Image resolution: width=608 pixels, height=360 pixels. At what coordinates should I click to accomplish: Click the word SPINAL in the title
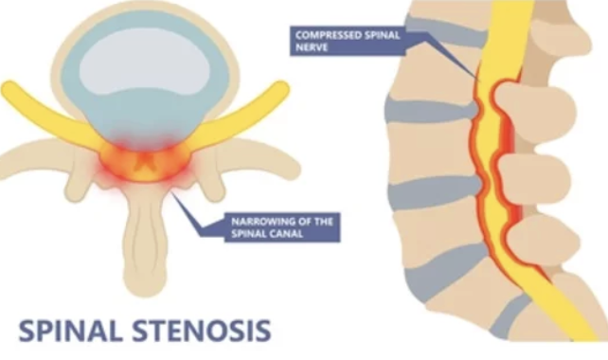68,331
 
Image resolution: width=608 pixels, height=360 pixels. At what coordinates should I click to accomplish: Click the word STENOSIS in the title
202,331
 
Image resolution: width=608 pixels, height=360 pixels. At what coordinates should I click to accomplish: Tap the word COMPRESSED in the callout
325,35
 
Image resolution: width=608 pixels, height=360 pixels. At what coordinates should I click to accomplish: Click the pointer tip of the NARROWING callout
171,192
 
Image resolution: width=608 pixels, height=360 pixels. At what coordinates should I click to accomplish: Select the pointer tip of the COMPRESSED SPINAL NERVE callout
479,81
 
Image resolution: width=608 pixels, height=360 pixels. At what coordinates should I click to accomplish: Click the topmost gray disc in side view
446,30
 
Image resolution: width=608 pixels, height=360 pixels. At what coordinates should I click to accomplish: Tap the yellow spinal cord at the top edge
510,3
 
